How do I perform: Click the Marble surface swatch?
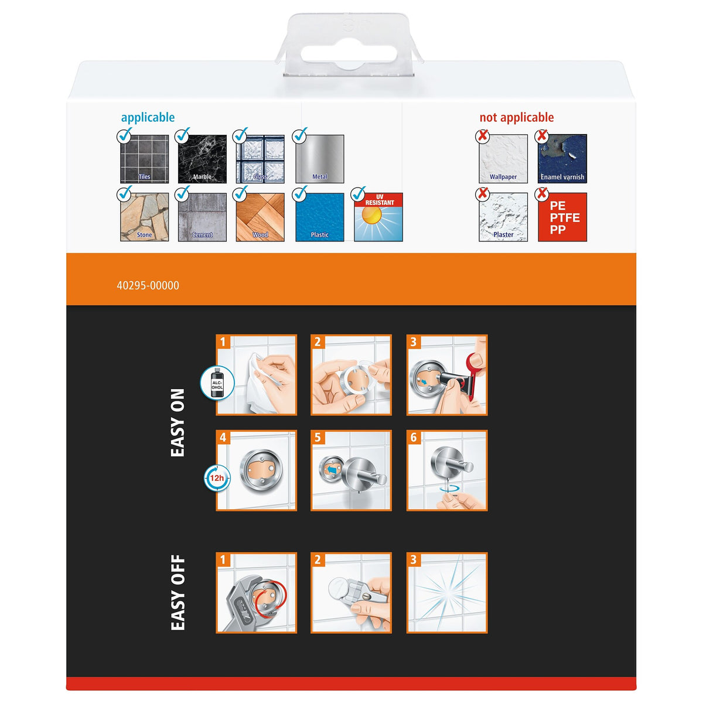click(202, 159)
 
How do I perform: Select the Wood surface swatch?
click(260, 217)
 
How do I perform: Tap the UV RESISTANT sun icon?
click(378, 217)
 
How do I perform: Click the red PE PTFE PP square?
click(562, 217)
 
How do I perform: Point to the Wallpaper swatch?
click(503, 159)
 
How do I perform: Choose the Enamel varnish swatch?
click(562, 159)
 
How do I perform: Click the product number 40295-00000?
click(148, 285)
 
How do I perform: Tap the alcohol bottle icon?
click(217, 383)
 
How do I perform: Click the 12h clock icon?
click(217, 477)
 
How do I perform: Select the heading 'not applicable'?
click(516, 118)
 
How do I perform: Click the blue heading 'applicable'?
click(148, 118)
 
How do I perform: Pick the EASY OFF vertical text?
click(178, 592)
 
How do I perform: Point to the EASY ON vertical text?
click(178, 422)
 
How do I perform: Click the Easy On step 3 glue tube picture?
click(447, 375)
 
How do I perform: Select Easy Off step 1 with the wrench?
click(256, 592)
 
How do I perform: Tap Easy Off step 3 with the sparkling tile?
click(447, 592)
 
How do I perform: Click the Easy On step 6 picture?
click(447, 470)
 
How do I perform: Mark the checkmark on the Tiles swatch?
click(124, 135)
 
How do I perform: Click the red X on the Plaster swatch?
click(483, 193)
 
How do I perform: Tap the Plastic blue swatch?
click(320, 217)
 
